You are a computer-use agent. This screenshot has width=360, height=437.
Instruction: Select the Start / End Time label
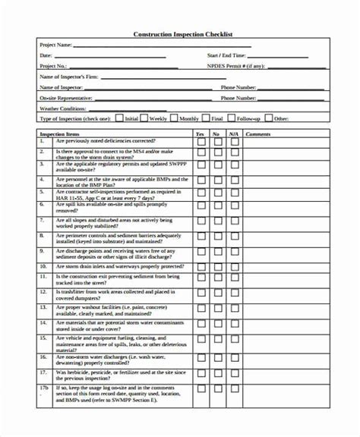[x=226, y=56]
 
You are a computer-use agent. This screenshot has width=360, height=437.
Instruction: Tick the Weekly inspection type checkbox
[x=144, y=118]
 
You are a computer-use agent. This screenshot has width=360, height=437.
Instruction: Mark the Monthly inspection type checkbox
[x=174, y=118]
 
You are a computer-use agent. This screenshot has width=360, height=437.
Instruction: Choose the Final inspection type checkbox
[x=205, y=118]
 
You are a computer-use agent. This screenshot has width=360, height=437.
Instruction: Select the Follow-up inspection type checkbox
[x=231, y=118]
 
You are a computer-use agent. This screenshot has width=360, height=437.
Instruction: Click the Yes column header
[x=200, y=134]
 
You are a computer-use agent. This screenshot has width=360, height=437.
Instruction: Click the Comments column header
[x=258, y=134]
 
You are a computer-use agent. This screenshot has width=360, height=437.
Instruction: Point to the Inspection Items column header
[x=74, y=134]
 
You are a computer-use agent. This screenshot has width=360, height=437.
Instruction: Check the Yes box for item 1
[x=201, y=142]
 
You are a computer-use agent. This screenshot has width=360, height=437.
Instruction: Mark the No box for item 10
[x=216, y=267]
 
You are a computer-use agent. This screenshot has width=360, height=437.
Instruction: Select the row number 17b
[x=44, y=388]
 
